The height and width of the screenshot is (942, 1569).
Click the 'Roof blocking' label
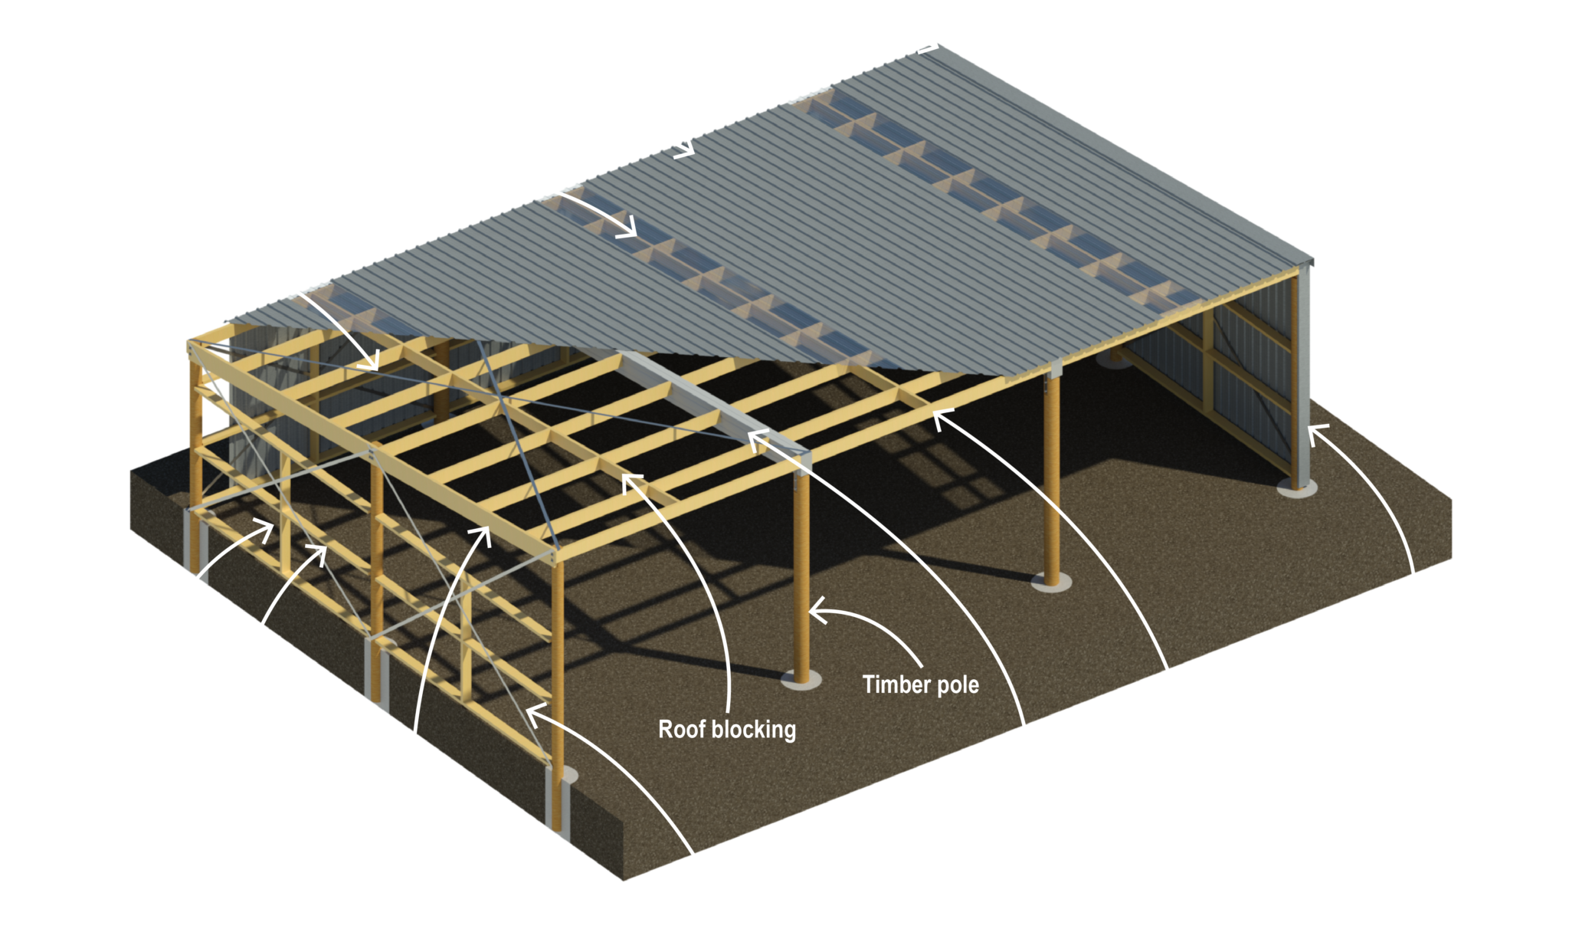tap(727, 729)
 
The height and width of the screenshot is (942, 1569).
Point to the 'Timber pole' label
tap(920, 684)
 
